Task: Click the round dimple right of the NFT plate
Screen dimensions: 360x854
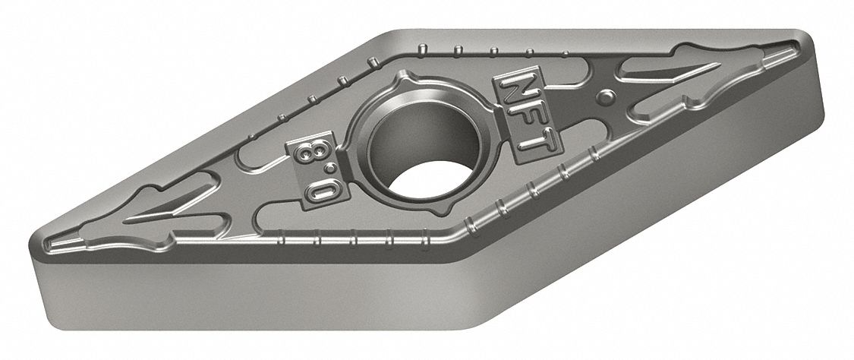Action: click(x=606, y=96)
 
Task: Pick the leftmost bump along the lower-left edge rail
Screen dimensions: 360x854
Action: click(x=282, y=241)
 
